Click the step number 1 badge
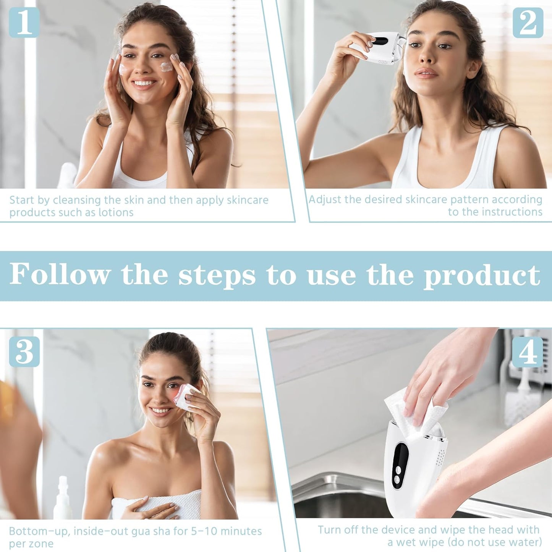coord(24,23)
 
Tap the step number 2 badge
coord(528,23)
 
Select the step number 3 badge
coord(24,351)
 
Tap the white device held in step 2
coord(382,48)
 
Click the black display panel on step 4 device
coord(400,456)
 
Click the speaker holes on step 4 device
coord(441,456)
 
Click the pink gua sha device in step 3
coord(187,397)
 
